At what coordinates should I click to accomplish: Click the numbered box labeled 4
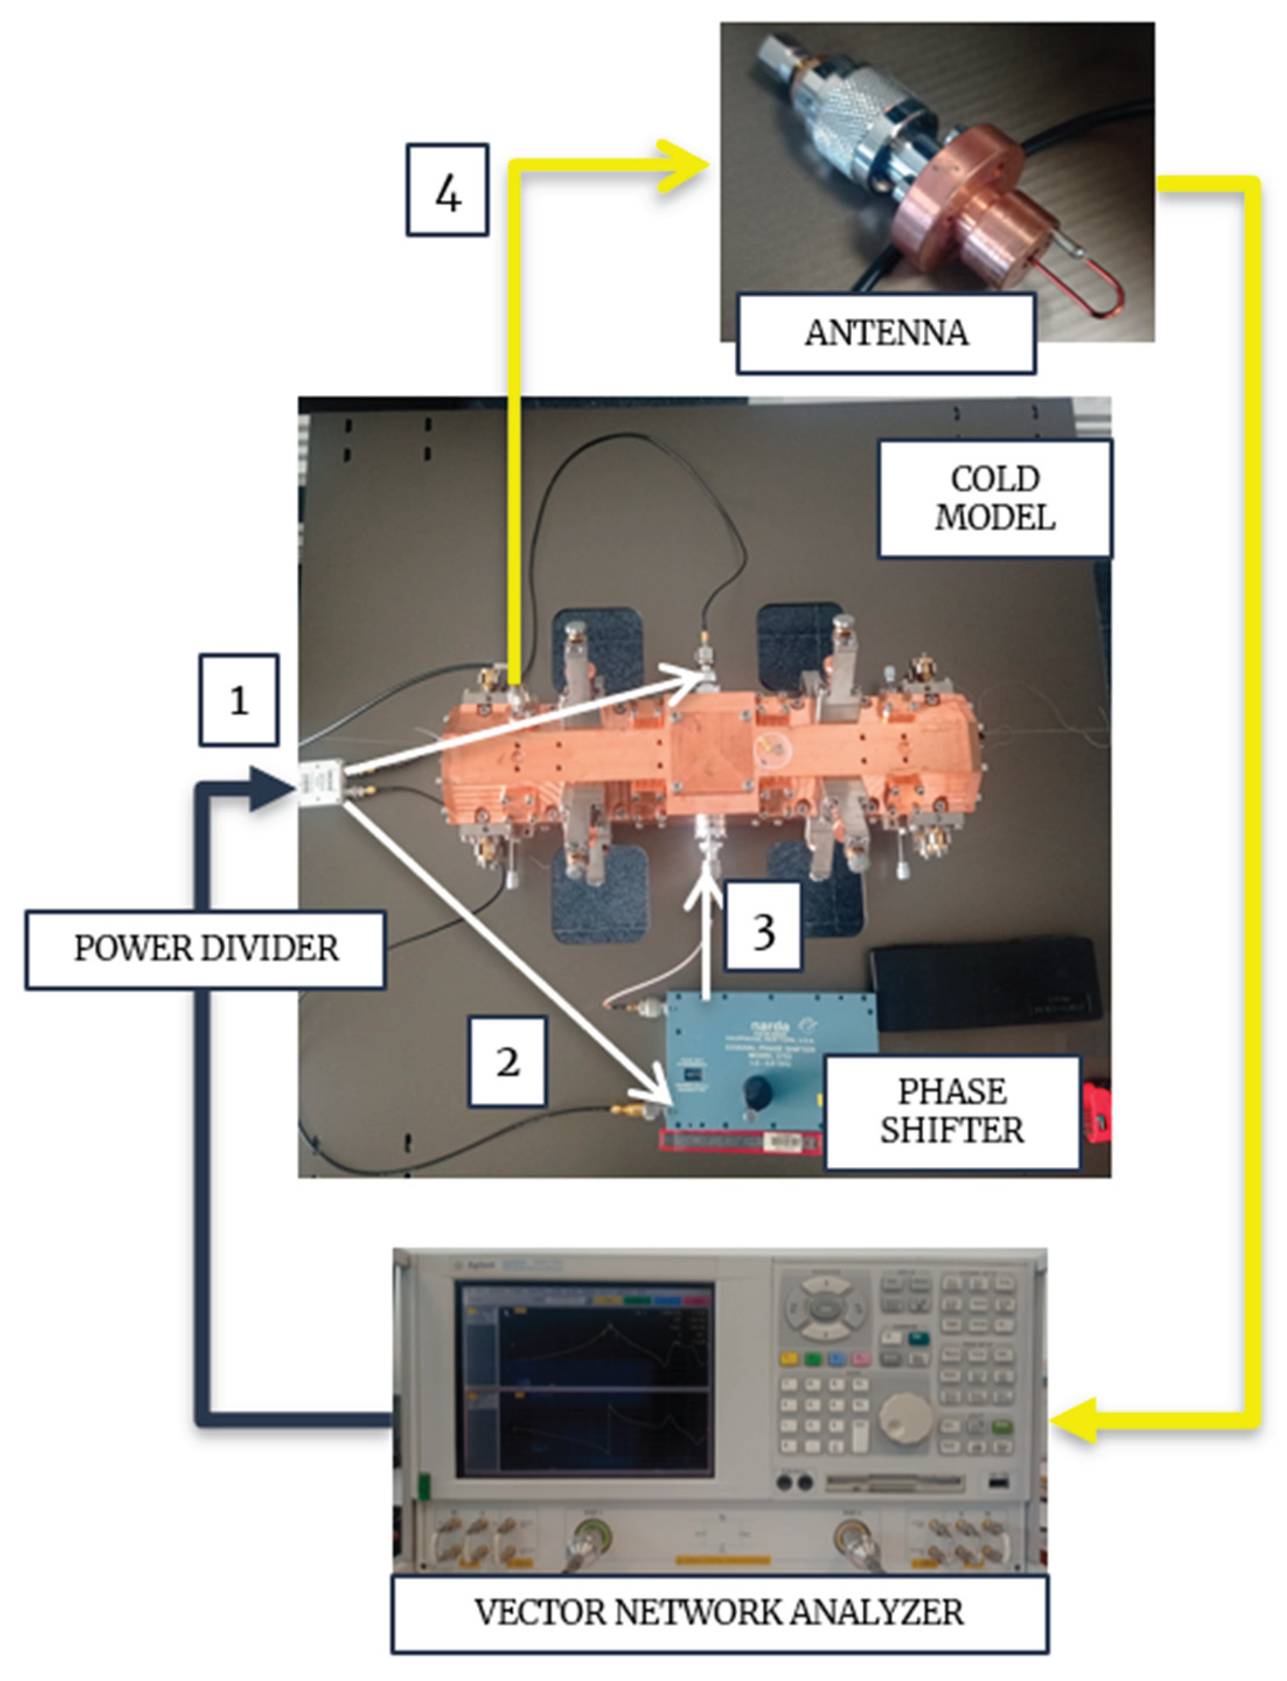coord(447,190)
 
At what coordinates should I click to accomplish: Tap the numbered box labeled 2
coord(507,1061)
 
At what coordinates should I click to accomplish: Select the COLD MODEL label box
coord(995,498)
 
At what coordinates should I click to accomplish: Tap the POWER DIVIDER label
coord(205,949)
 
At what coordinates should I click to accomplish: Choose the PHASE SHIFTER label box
coord(951,1112)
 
